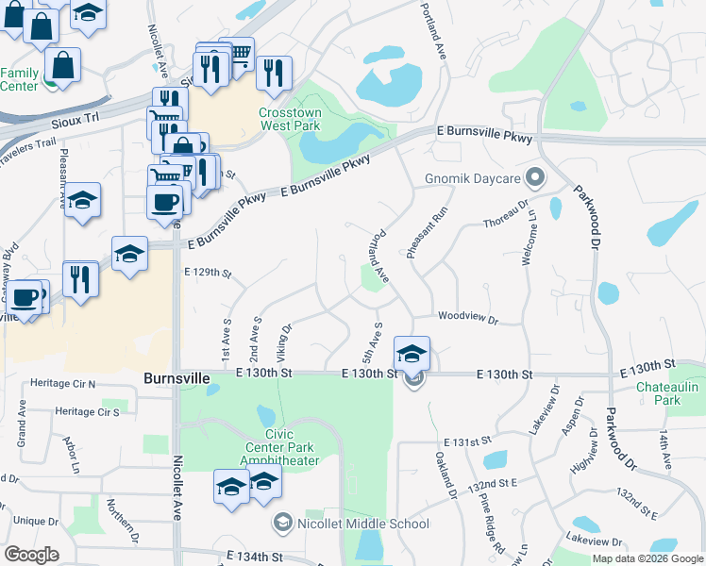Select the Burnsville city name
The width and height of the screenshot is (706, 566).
176,377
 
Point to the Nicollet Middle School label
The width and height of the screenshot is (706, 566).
363,524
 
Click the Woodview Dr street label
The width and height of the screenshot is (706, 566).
467,320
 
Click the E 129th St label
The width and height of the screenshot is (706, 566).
208,273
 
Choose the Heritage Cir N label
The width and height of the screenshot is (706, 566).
62,384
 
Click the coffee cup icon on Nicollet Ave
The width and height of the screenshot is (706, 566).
166,200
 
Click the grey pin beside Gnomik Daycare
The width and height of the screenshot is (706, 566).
535,177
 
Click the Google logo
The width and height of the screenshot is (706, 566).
32,555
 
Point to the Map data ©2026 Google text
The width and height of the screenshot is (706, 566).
647,558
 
